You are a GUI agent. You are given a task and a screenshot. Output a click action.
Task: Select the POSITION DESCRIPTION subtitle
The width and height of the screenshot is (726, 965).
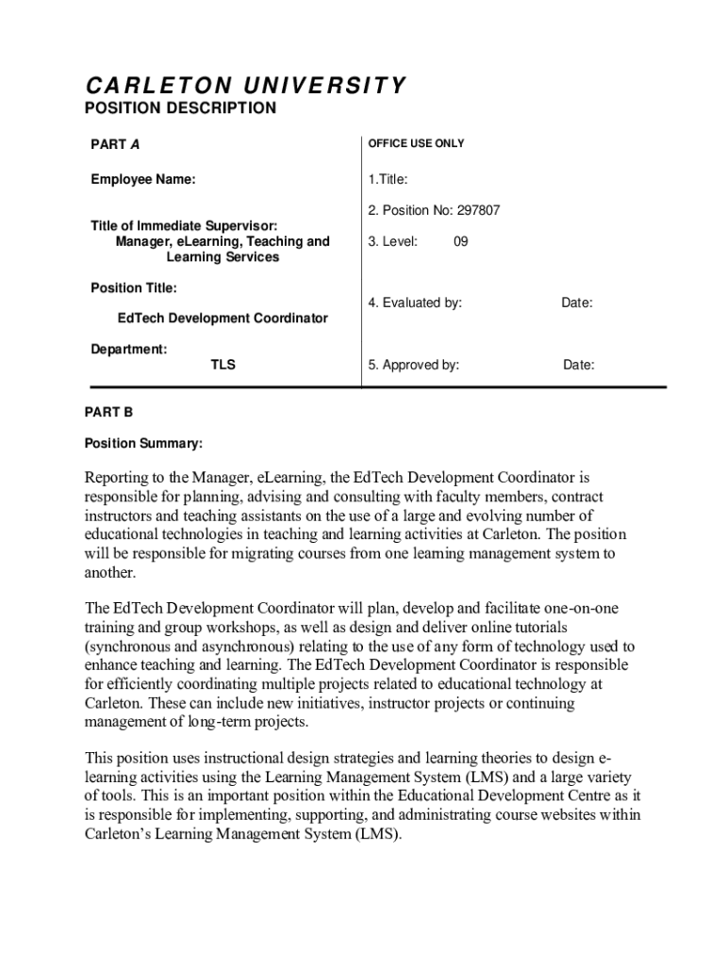tap(181, 108)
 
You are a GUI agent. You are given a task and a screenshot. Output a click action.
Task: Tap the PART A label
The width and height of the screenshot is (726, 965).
tap(115, 144)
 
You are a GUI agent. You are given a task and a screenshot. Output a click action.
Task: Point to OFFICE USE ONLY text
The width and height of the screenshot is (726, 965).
tap(416, 143)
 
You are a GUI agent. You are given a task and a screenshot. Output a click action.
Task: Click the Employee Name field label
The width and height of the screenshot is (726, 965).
tap(143, 179)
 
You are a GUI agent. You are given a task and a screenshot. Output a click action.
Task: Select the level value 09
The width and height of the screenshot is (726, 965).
tap(461, 241)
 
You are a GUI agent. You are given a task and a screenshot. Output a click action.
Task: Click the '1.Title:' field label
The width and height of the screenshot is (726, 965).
tap(388, 179)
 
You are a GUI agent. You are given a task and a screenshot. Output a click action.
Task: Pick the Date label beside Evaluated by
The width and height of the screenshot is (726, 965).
tap(577, 303)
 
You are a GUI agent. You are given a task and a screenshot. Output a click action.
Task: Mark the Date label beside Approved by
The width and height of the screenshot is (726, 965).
tap(579, 365)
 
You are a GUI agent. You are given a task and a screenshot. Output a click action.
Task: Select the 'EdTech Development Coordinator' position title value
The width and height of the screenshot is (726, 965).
tap(223, 319)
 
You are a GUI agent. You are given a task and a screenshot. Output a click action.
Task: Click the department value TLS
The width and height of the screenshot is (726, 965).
tap(223, 365)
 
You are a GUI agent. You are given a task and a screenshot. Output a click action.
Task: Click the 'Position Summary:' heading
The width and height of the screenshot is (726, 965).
tap(143, 443)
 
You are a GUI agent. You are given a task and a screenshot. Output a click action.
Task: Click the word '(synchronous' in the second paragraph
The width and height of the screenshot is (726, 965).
tap(127, 646)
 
